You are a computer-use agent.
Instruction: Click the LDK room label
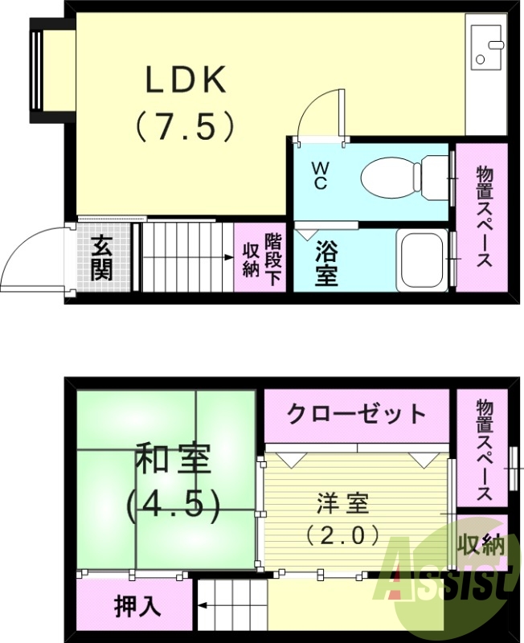coord(186,80)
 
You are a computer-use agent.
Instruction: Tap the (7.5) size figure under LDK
coord(186,126)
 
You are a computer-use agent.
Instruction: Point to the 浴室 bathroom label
coord(325,261)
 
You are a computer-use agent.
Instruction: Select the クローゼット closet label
coord(356,414)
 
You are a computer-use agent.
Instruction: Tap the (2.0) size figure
coord(342,534)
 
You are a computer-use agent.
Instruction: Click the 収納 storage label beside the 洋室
coord(481,547)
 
